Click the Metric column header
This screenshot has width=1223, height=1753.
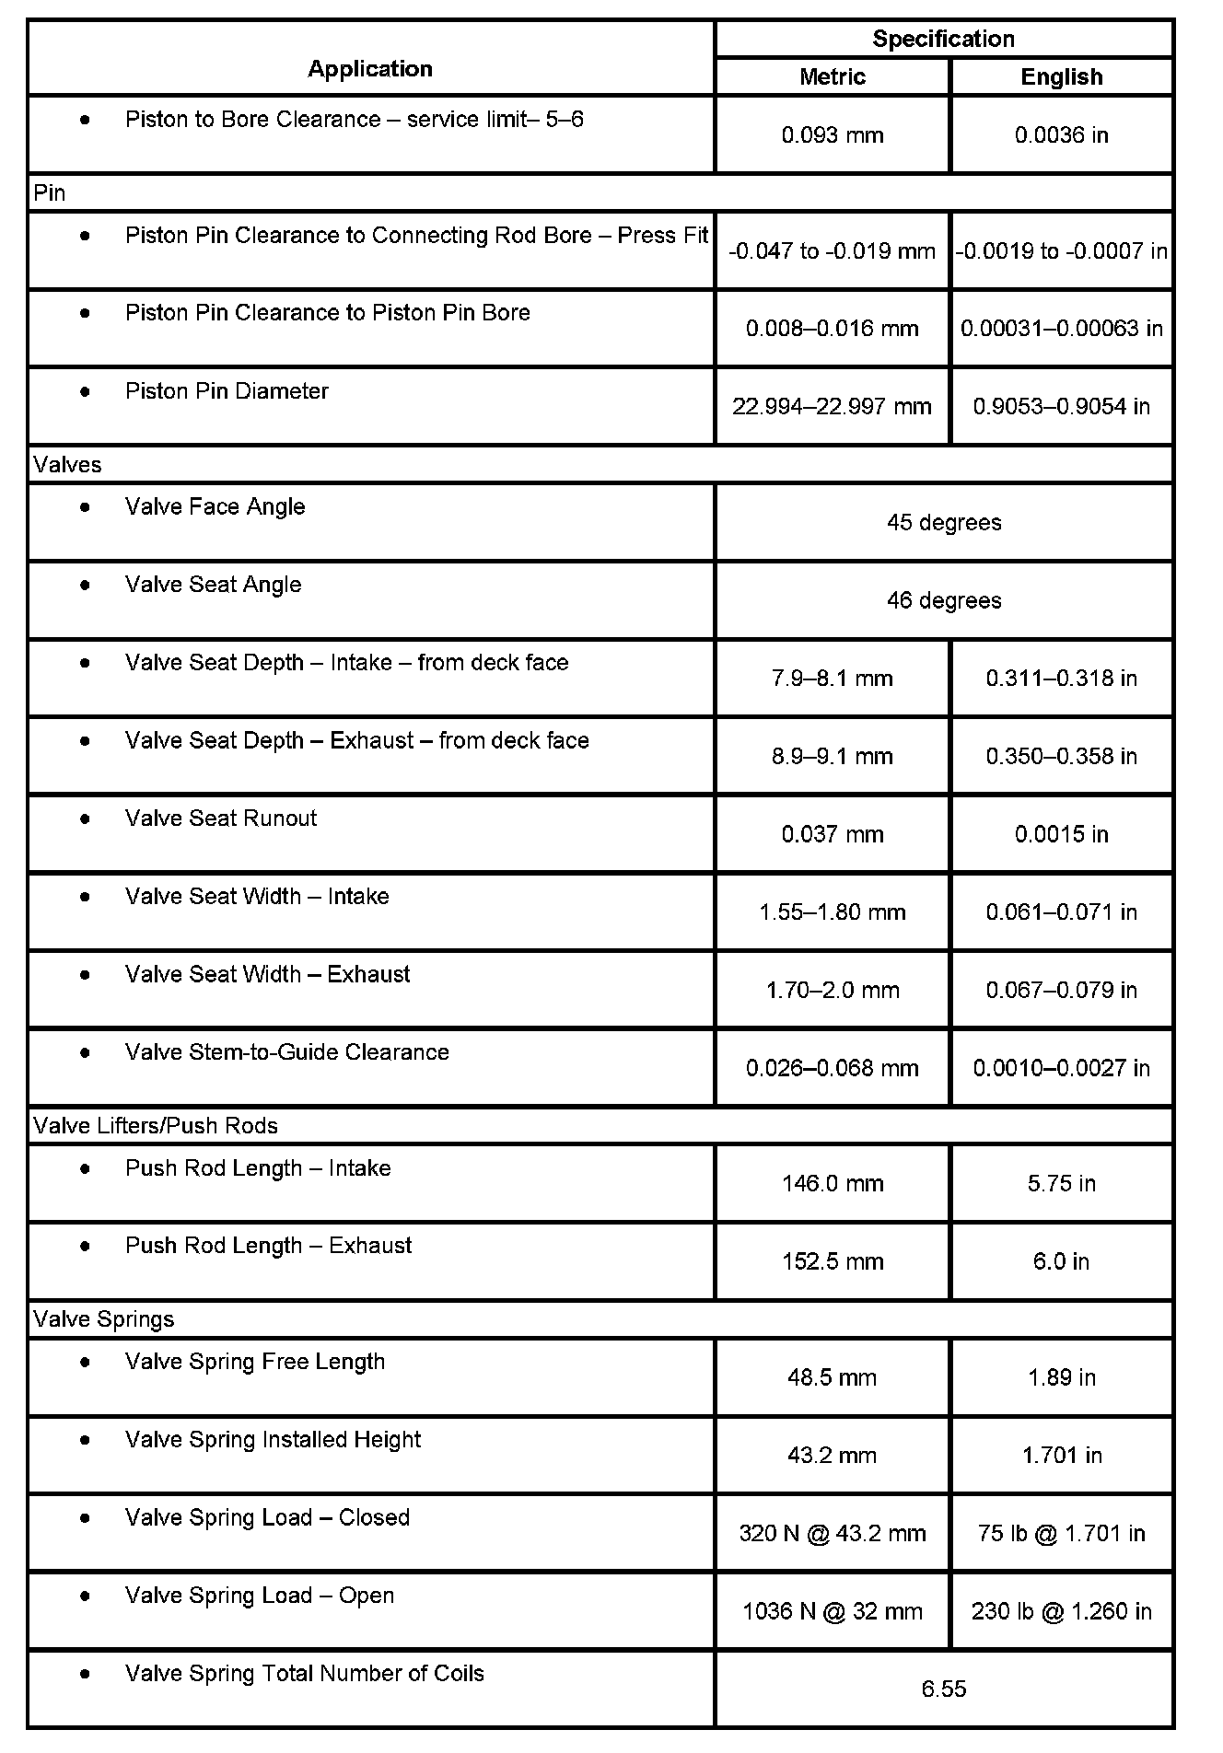point(833,76)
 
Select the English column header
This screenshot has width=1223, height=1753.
point(1061,76)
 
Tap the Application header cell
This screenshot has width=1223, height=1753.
point(370,68)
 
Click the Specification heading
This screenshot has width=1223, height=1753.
point(943,39)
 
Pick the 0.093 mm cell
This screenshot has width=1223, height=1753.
point(833,135)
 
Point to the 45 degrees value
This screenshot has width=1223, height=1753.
point(943,522)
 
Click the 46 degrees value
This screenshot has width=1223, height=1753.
point(943,600)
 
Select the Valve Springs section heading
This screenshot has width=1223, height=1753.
point(103,1319)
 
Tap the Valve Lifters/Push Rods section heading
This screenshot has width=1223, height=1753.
point(155,1126)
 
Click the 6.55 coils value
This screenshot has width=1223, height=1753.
point(943,1689)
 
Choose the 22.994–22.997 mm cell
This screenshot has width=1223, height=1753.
point(832,406)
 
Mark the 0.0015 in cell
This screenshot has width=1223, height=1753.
point(1061,834)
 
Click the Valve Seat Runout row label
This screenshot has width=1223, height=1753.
point(221,818)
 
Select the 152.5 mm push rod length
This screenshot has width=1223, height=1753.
point(833,1261)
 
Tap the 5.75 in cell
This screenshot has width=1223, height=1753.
point(1061,1183)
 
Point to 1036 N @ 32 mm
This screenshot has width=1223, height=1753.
point(833,1611)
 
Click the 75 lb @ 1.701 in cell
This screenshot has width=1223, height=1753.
point(1061,1533)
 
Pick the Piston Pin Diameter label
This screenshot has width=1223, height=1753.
point(227,391)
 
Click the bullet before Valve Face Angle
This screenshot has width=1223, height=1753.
point(86,506)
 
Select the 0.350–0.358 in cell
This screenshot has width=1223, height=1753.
point(1061,756)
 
